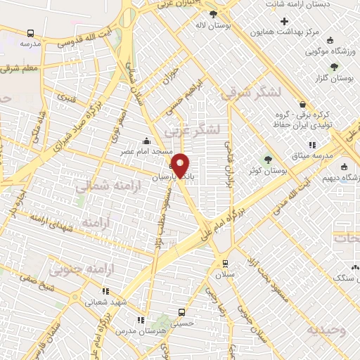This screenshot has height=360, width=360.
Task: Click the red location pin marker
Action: [x=181, y=165]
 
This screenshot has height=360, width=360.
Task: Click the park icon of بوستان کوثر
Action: [x=267, y=159]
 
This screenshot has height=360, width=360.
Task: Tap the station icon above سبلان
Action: [x=225, y=263]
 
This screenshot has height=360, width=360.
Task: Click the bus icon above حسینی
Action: [x=182, y=312]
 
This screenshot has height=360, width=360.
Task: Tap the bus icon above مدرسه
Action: [x=30, y=33]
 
